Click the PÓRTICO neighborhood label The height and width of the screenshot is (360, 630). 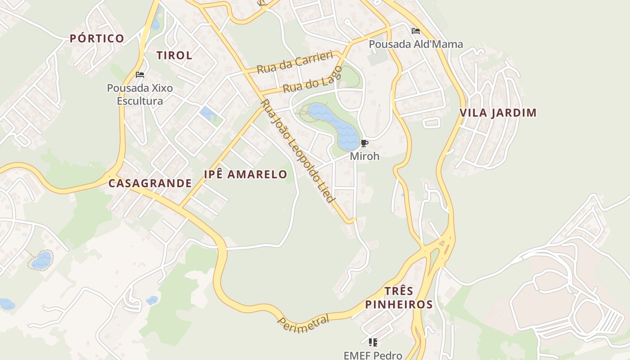pyautogui.click(x=97, y=38)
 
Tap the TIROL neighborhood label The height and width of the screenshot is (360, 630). pyautogui.click(x=174, y=55)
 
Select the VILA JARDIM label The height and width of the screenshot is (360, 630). pyautogui.click(x=498, y=112)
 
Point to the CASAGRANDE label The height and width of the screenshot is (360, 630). pyautogui.click(x=150, y=183)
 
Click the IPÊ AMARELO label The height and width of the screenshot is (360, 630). pyautogui.click(x=245, y=174)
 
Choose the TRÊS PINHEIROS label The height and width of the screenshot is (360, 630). pyautogui.click(x=399, y=297)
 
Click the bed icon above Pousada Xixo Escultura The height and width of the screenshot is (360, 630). pyautogui.click(x=140, y=74)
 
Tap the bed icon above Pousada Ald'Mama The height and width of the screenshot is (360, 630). pyautogui.click(x=416, y=31)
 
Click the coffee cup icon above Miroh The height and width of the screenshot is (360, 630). pyautogui.click(x=364, y=144)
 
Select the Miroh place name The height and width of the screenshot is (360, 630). pyautogui.click(x=364, y=156)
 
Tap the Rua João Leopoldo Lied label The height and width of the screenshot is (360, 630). pyautogui.click(x=298, y=151)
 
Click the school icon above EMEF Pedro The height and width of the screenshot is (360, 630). pyautogui.click(x=373, y=342)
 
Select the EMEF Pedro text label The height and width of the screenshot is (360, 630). pyautogui.click(x=373, y=355)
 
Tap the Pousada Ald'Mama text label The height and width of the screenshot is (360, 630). pyautogui.click(x=416, y=44)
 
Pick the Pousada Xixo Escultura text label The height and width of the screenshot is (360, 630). pyautogui.click(x=140, y=94)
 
